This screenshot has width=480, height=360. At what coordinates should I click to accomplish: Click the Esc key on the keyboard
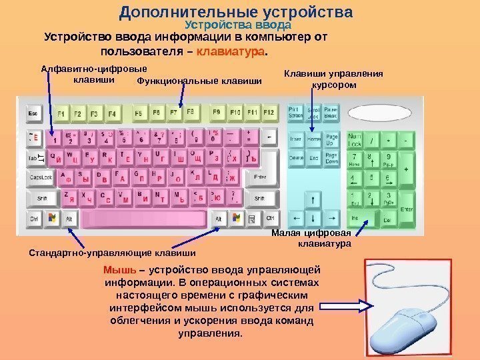(34, 114)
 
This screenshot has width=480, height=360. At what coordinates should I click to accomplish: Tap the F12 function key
(268, 113)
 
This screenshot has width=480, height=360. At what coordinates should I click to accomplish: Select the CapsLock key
(39, 178)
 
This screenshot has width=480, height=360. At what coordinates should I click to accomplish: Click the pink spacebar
(144, 219)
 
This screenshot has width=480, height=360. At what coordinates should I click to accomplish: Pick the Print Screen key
(295, 113)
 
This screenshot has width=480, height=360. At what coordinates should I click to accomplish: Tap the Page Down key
(332, 159)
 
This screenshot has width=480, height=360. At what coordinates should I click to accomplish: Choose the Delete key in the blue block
(296, 159)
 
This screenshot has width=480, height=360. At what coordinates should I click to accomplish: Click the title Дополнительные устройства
(235, 13)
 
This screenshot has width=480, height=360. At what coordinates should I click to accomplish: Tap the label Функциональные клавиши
(199, 81)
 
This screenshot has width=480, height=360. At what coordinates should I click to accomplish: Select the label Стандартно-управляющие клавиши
(113, 253)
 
